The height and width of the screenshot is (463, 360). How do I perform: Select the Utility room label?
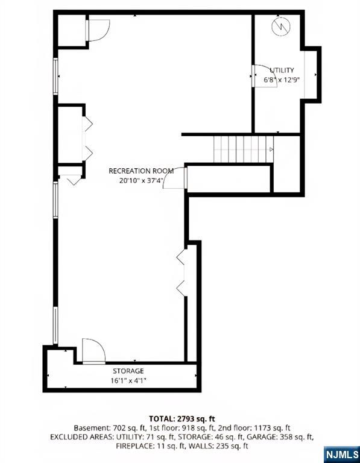click(x=282, y=71)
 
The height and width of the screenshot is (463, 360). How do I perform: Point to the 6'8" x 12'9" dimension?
click(x=282, y=79)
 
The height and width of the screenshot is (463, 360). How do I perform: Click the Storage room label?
click(x=128, y=371)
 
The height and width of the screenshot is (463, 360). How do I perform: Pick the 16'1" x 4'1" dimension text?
click(x=128, y=380)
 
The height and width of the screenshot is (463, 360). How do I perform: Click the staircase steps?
click(x=240, y=149)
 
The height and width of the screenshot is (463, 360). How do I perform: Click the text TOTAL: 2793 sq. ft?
click(x=182, y=418)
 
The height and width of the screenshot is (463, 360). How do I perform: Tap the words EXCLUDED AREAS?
click(x=81, y=436)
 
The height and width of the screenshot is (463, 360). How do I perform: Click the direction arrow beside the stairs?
click(x=271, y=149)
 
